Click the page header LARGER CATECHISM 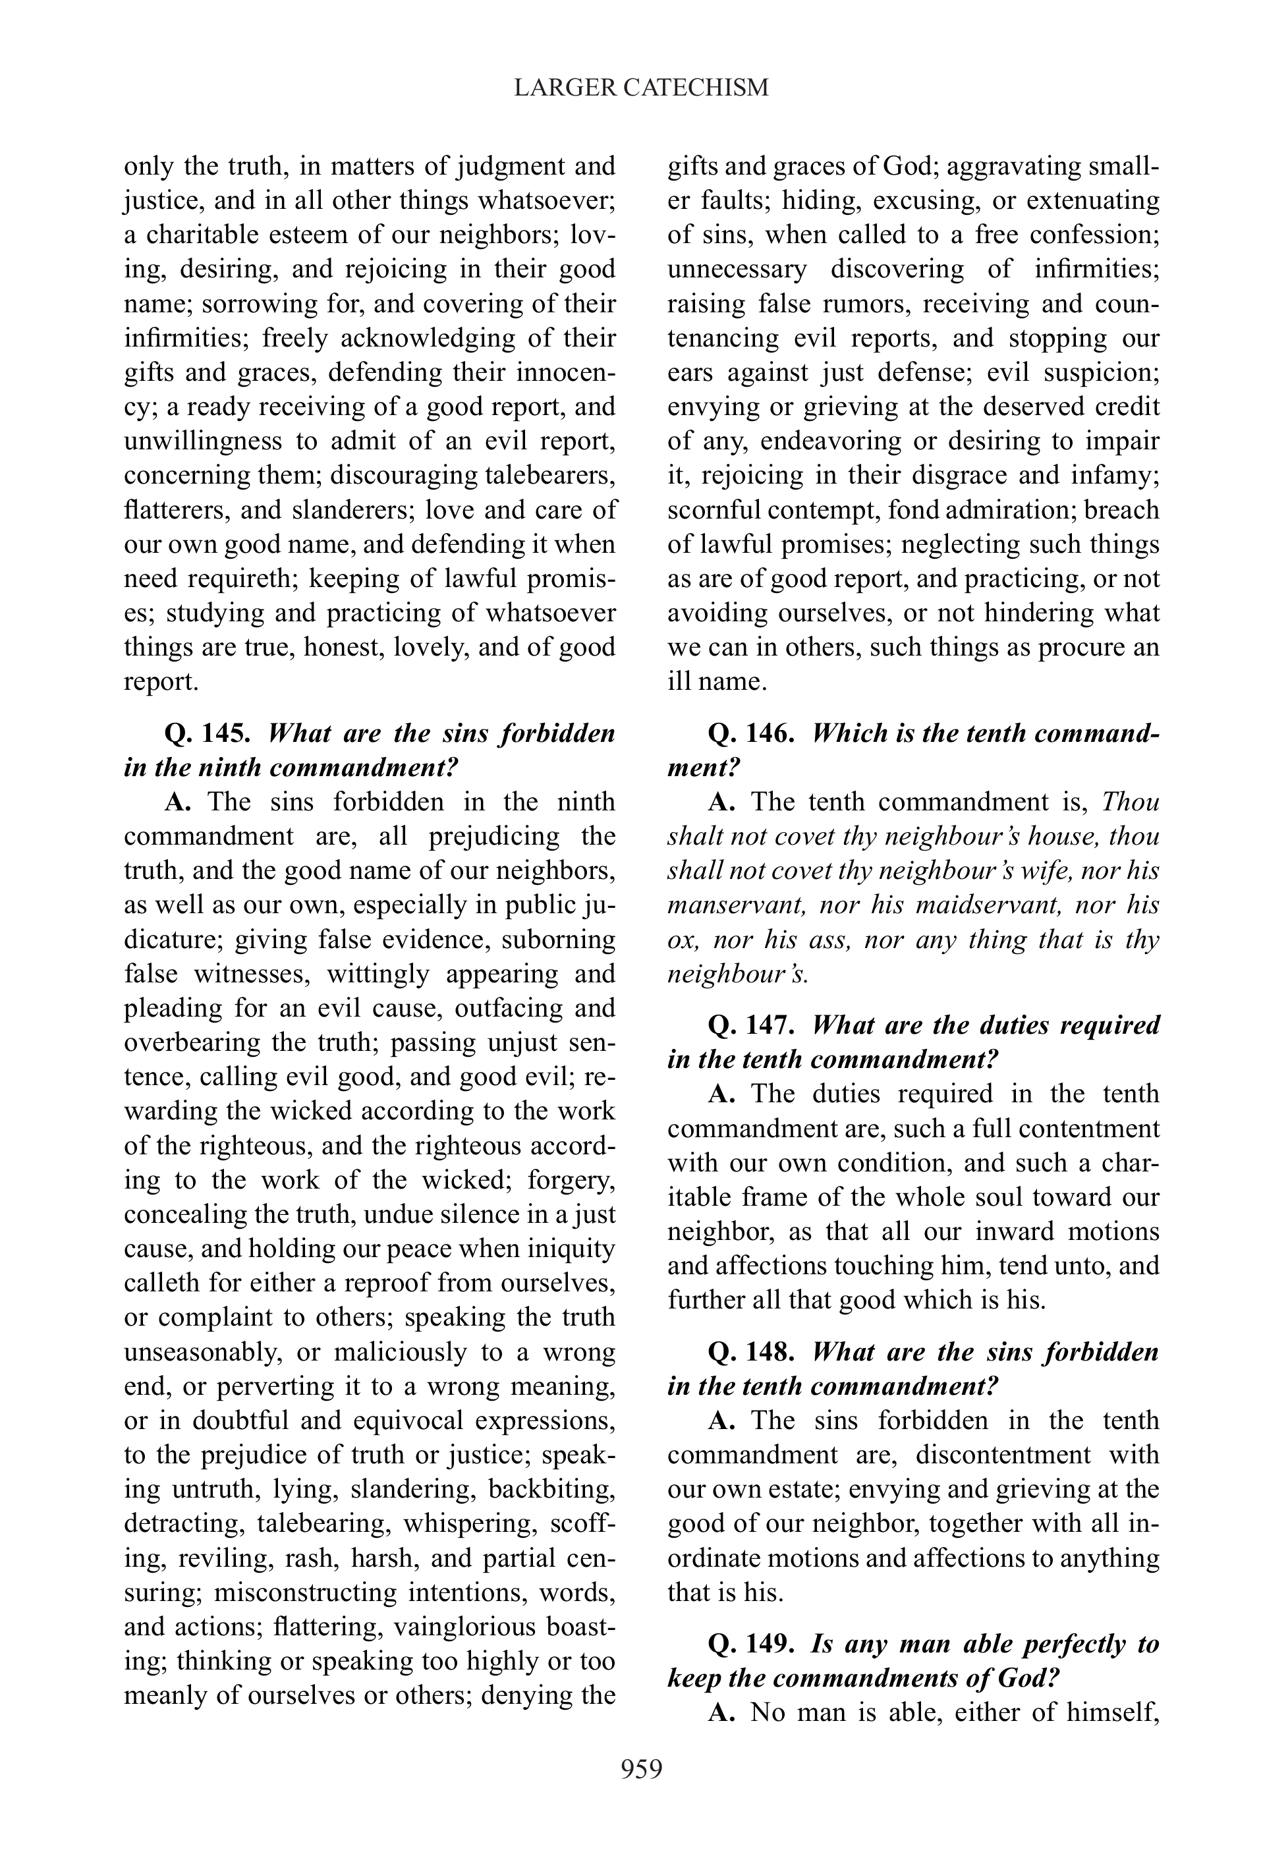click(641, 87)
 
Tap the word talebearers click(550, 475)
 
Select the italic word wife click(1038, 870)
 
